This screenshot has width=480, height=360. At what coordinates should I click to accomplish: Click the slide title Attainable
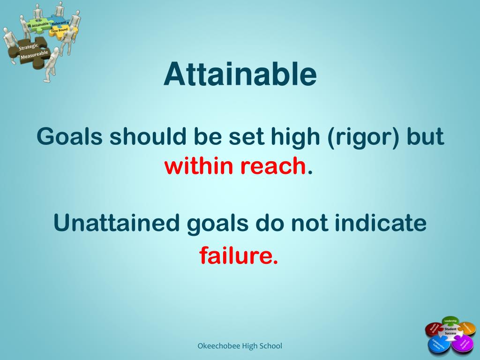coord(240,75)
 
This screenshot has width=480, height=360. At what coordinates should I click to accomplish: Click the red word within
coord(199,165)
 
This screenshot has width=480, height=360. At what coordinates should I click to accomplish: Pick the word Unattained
coord(117,223)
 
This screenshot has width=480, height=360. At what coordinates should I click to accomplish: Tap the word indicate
coord(380,223)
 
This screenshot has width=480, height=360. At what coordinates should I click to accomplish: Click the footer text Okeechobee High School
coord(239,346)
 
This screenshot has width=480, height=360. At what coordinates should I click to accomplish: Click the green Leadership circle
coord(450,321)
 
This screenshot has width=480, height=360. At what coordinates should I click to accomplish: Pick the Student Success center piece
coord(450,332)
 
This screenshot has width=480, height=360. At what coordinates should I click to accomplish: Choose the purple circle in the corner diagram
coord(463,345)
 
